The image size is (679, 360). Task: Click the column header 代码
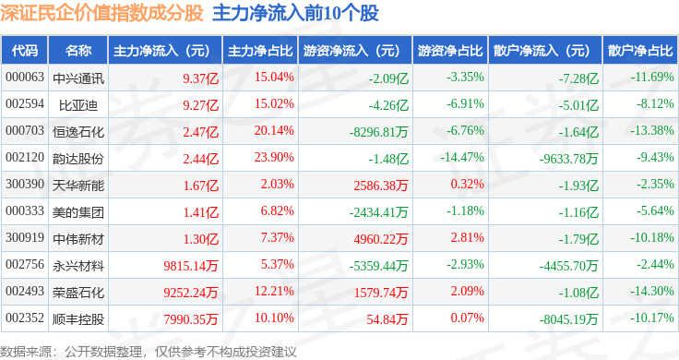(25, 51)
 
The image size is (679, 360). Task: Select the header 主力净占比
(260, 51)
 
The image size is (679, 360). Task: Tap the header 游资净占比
(450, 51)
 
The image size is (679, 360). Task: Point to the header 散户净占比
(640, 51)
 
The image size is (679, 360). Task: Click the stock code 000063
(25, 78)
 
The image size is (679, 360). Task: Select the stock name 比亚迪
(78, 105)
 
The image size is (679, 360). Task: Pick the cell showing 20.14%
(274, 130)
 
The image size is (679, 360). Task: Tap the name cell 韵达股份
(78, 159)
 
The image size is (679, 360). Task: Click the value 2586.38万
(381, 186)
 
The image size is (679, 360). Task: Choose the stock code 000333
(25, 211)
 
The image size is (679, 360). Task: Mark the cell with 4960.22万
(381, 239)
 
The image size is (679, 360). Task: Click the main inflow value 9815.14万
(191, 266)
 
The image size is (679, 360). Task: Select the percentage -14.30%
(651, 291)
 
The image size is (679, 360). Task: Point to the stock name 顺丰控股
(78, 319)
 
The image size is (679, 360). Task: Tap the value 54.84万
(387, 319)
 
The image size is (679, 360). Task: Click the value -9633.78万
(568, 159)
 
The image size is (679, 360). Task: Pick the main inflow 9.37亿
(200, 78)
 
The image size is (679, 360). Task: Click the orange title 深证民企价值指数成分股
(101, 13)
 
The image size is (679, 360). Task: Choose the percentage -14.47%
(462, 157)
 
